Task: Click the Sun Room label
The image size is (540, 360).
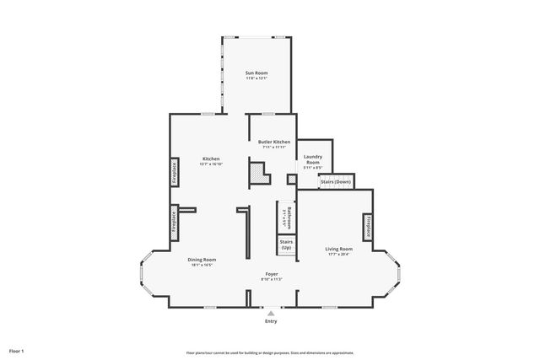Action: coord(256,73)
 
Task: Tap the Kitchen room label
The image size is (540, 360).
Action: coord(211,159)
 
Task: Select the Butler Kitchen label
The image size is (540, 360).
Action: coord(274,142)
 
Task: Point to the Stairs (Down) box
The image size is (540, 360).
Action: coord(336,181)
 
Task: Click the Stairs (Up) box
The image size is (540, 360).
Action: coord(286,244)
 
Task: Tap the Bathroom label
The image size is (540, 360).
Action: coord(289,218)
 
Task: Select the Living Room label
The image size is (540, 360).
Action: coord(339,249)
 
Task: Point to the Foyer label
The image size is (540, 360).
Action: coord(271,274)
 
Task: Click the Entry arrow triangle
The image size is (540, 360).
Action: coord(271,313)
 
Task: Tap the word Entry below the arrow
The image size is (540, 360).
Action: coord(271,321)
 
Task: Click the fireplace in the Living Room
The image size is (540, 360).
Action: coord(369,228)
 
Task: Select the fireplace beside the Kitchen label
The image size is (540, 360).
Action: coord(175,171)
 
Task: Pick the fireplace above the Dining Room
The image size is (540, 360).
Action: coord(175,218)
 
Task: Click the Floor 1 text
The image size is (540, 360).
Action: coord(17,350)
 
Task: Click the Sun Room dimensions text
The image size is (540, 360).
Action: coord(256,79)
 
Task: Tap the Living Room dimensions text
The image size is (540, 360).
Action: coord(339,255)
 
